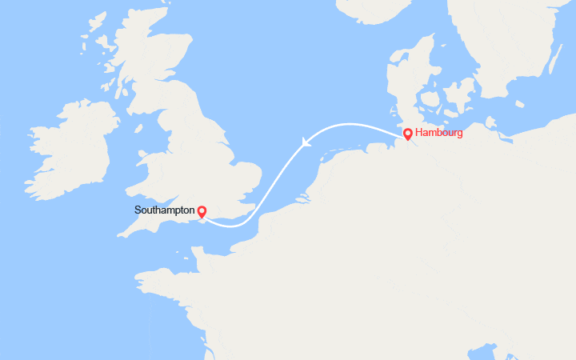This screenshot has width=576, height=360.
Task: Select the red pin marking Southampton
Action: pos(202,212)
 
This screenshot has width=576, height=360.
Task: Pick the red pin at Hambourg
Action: pos(408,134)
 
